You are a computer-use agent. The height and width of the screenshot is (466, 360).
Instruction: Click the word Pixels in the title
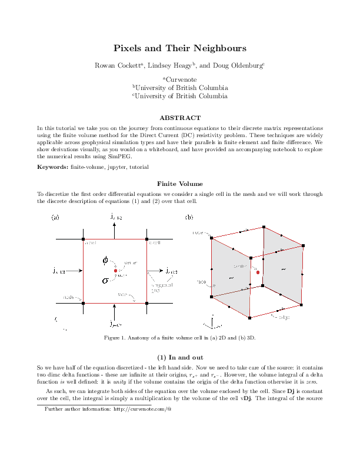click(x=126, y=48)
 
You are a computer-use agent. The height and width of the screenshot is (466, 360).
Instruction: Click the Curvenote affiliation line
click(x=180, y=79)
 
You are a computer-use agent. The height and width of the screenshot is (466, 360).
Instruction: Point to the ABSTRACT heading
click(x=180, y=118)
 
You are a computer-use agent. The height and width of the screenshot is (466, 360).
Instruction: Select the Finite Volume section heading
click(x=180, y=184)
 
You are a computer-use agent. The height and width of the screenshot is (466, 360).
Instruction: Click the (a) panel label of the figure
click(x=55, y=217)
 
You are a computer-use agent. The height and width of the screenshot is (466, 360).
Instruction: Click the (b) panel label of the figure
click(x=189, y=217)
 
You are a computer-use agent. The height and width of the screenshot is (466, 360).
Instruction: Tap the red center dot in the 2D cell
click(x=116, y=270)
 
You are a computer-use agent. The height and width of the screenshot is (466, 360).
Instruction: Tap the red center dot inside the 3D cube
click(x=258, y=272)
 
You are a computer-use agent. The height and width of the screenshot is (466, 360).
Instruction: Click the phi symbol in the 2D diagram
click(x=105, y=259)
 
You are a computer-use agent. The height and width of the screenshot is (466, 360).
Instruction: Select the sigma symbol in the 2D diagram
click(x=105, y=281)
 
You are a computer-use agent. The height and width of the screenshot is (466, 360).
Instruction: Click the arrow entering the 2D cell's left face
click(x=74, y=271)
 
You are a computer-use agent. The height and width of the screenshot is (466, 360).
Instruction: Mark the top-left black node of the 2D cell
click(x=84, y=239)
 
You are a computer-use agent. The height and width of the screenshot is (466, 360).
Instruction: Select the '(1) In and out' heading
click(x=180, y=357)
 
